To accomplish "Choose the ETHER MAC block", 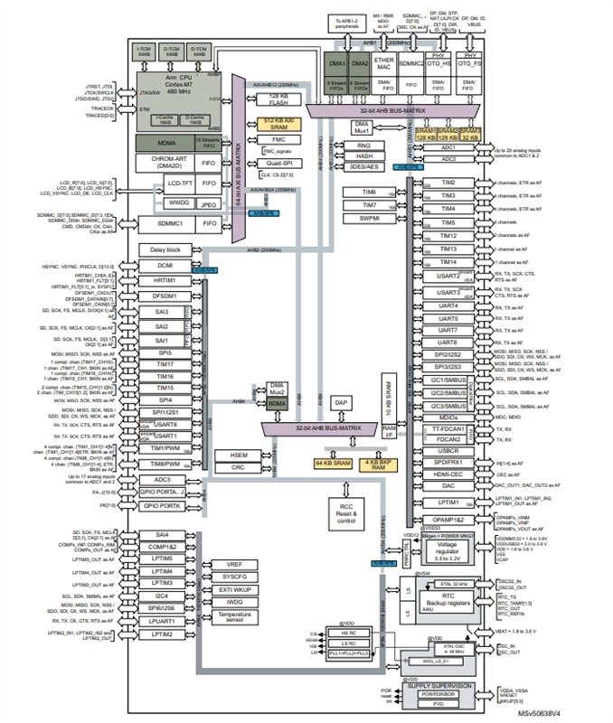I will tap(384, 62).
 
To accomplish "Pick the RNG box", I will tap(364, 145).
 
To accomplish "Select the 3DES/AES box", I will tap(364, 167).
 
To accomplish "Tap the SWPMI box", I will tap(370, 218).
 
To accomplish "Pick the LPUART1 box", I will tap(163, 622).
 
